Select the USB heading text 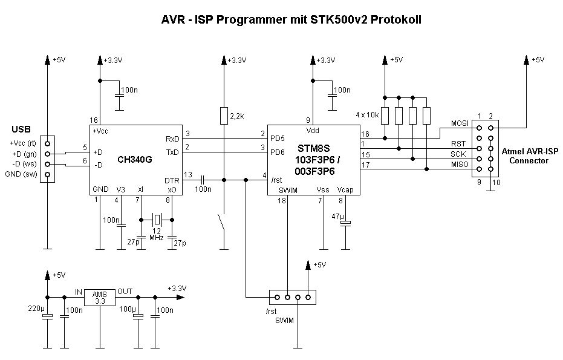pos(21,129)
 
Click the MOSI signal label pos(460,123)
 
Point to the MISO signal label pos(460,165)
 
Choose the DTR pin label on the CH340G pos(171,180)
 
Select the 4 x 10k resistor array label pos(367,114)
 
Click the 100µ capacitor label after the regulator pos(126,309)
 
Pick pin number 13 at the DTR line pos(188,175)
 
